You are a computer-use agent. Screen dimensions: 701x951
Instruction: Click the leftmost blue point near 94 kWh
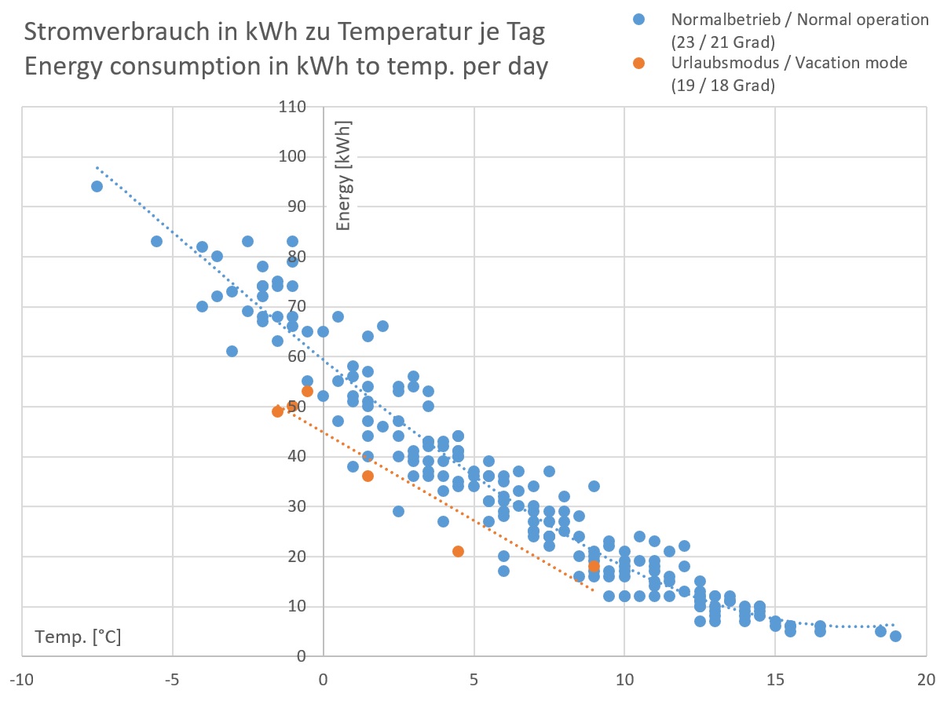(x=97, y=186)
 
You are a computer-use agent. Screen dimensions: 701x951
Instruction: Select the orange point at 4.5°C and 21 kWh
(x=459, y=551)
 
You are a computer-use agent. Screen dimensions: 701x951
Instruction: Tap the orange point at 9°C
(x=594, y=566)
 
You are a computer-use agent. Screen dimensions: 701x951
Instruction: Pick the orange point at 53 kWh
(x=307, y=391)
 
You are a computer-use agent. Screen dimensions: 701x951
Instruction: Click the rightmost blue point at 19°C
(x=896, y=636)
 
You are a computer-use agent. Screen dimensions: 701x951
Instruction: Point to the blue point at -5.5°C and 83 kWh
(x=157, y=241)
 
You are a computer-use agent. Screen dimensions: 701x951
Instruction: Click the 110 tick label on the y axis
(x=291, y=107)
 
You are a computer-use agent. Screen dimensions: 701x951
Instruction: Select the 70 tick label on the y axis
(x=295, y=307)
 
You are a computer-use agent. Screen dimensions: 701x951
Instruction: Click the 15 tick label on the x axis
(x=776, y=678)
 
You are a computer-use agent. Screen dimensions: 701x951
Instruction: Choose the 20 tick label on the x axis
(x=927, y=678)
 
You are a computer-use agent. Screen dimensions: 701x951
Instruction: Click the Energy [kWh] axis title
(x=343, y=176)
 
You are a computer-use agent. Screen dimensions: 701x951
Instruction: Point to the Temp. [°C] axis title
(x=78, y=637)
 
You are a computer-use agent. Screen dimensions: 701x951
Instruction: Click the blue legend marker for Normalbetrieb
(x=638, y=19)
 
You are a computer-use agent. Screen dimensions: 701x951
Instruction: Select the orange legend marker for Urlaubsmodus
(x=638, y=63)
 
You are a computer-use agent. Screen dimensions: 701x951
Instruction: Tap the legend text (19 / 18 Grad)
(x=723, y=86)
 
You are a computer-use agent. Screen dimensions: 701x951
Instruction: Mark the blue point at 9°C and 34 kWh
(x=594, y=486)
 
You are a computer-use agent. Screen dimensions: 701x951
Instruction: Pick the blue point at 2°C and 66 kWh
(x=383, y=326)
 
